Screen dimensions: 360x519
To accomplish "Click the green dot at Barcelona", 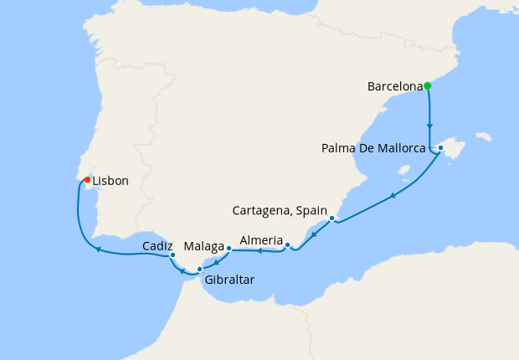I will pyautogui.click(x=427, y=85).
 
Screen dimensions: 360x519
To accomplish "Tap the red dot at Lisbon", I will pyautogui.click(x=87, y=179).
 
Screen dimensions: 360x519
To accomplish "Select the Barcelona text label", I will pyautogui.click(x=395, y=85).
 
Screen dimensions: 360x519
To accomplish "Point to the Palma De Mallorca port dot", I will pyautogui.click(x=440, y=148).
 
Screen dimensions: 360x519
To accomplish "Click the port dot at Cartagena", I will pyautogui.click(x=332, y=219).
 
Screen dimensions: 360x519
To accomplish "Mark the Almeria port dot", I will pyautogui.click(x=287, y=245).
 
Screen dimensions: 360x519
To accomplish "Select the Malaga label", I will pyautogui.click(x=203, y=247).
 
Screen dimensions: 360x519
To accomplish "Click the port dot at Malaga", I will pyautogui.click(x=229, y=248).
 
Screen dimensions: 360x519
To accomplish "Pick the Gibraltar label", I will pyautogui.click(x=229, y=280).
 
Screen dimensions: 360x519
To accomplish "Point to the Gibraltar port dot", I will pyautogui.click(x=199, y=269).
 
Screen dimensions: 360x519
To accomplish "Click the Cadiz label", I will pyautogui.click(x=158, y=246).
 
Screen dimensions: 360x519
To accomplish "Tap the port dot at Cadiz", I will pyautogui.click(x=172, y=255).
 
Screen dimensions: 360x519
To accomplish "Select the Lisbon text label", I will pyautogui.click(x=110, y=181).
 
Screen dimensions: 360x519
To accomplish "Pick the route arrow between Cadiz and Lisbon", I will pyautogui.click(x=98, y=249).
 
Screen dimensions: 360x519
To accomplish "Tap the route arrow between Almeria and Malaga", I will pyautogui.click(x=259, y=250).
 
